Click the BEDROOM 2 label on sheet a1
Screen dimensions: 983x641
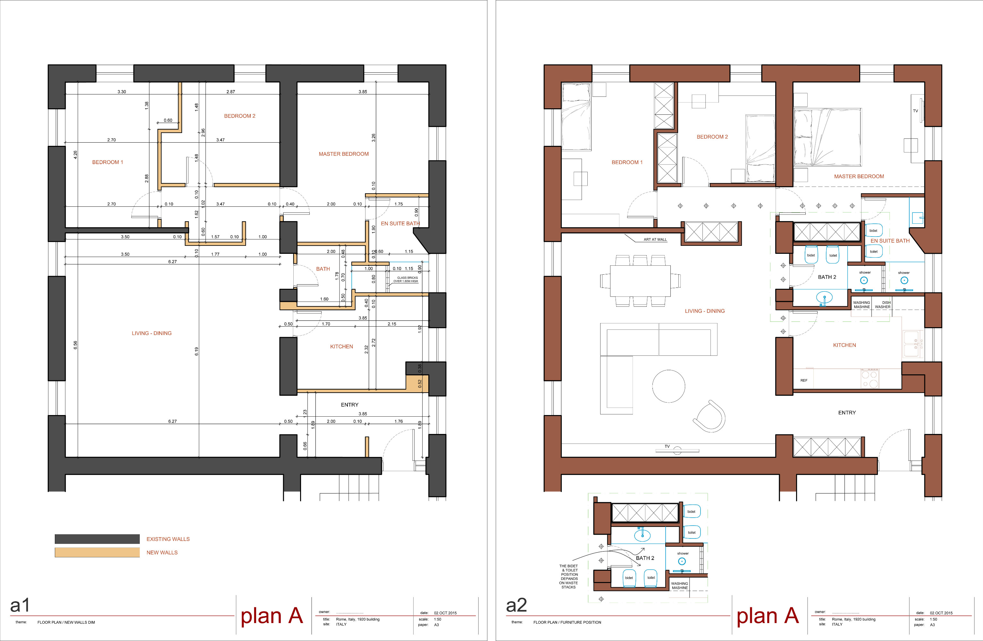click(x=239, y=116)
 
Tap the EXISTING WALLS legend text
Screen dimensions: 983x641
click(x=168, y=539)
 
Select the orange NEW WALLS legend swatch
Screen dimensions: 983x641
click(x=97, y=552)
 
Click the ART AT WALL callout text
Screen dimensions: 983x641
click(x=655, y=239)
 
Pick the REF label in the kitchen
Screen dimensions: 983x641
click(x=804, y=380)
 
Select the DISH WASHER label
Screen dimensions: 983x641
click(x=883, y=304)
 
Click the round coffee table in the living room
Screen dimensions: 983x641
click(x=669, y=386)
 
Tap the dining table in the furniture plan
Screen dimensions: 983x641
click(x=640, y=281)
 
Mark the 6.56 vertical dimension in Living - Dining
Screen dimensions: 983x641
click(x=75, y=345)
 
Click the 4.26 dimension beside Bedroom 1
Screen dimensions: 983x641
click(x=75, y=155)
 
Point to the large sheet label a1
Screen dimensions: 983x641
click(x=20, y=605)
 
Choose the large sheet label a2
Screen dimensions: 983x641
click(x=516, y=605)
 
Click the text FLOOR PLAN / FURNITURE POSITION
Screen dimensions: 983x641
click(x=567, y=622)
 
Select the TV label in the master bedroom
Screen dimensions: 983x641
click(x=915, y=111)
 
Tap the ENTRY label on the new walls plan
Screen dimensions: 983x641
click(x=349, y=405)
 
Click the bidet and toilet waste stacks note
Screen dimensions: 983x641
click(x=569, y=577)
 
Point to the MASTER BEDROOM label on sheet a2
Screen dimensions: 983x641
click(x=859, y=176)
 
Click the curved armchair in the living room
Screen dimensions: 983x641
click(x=710, y=416)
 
